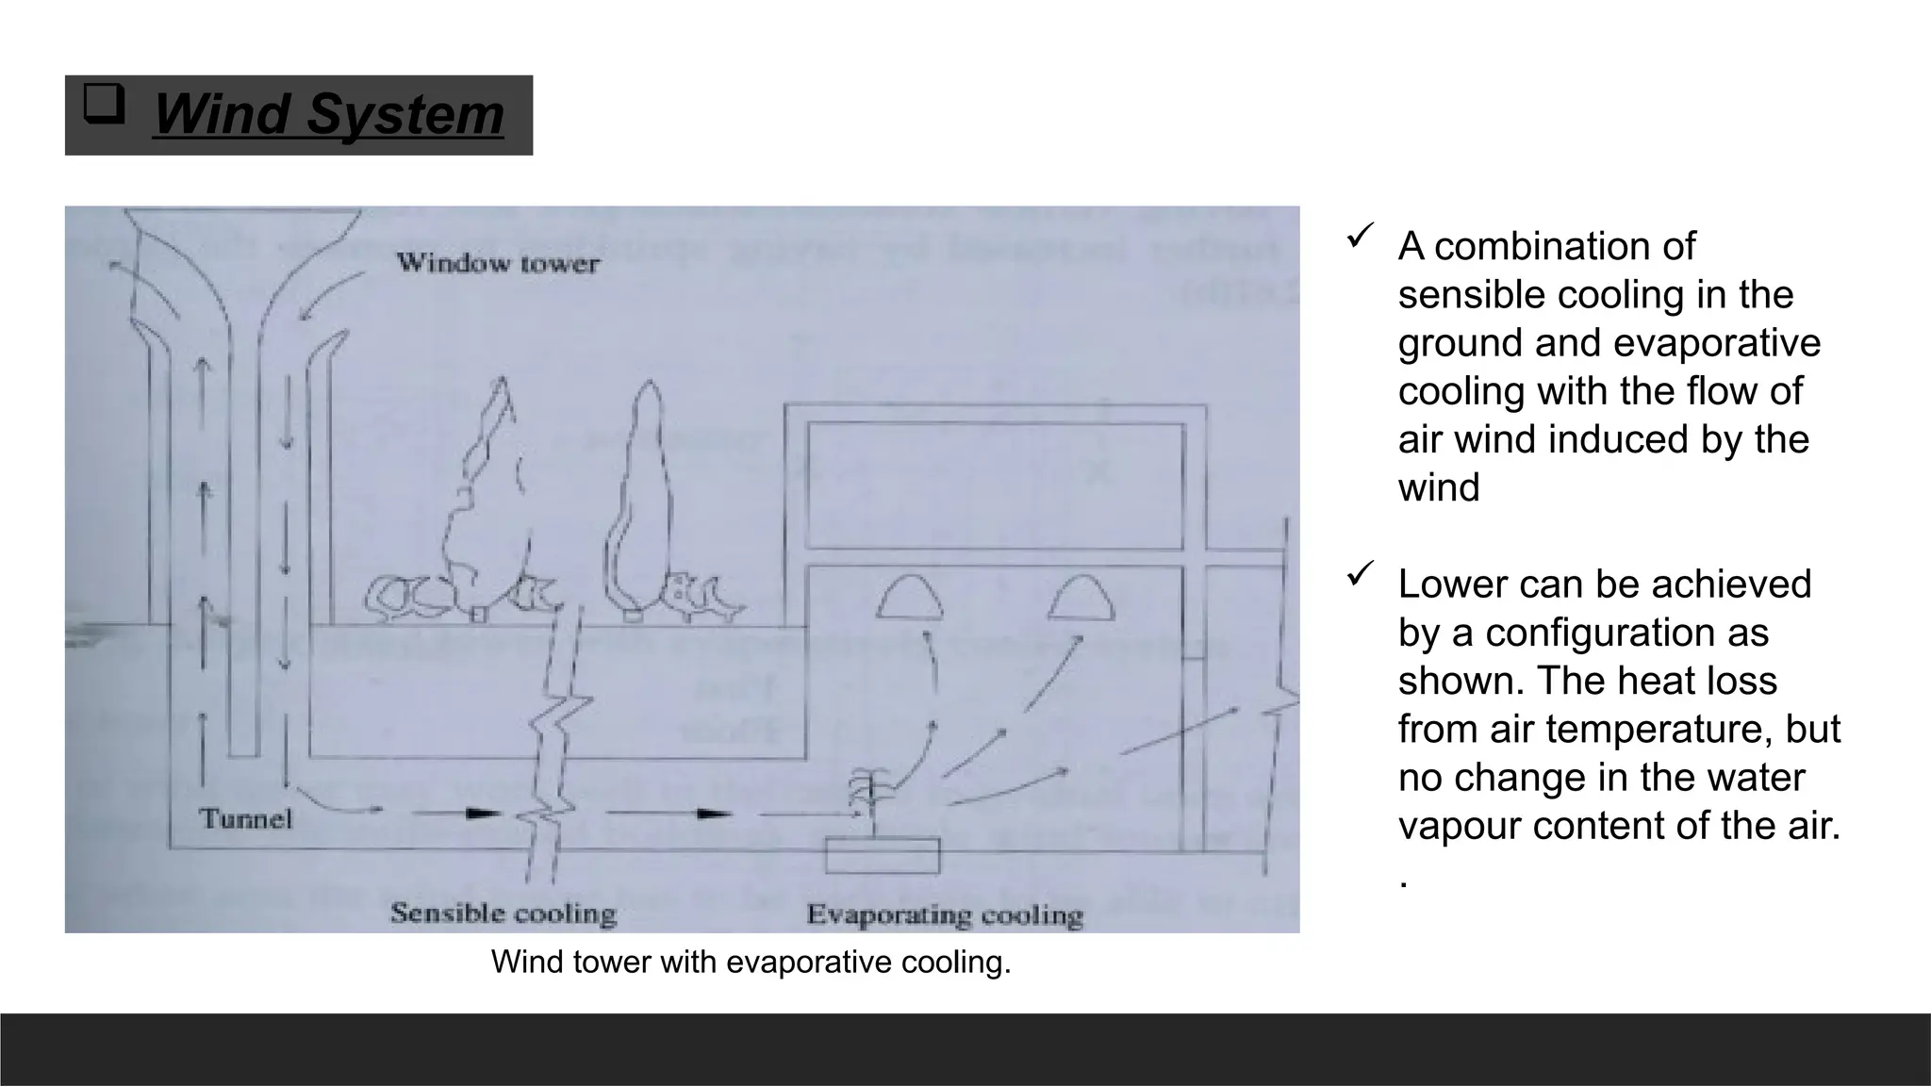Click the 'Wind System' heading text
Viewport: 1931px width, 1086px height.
coord(328,115)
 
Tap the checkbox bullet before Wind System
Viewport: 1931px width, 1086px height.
coord(104,105)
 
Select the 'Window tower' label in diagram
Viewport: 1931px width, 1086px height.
coord(497,263)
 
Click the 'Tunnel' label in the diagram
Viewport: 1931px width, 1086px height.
coord(246,818)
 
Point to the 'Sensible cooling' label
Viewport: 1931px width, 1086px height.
coord(503,913)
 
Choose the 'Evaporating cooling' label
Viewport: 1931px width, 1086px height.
coord(945,915)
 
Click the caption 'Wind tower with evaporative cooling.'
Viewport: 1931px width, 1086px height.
coord(751,963)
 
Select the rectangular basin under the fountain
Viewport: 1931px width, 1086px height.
coord(883,856)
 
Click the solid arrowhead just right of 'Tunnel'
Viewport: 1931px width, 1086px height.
coord(482,812)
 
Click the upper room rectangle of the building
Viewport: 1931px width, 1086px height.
coord(995,485)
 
